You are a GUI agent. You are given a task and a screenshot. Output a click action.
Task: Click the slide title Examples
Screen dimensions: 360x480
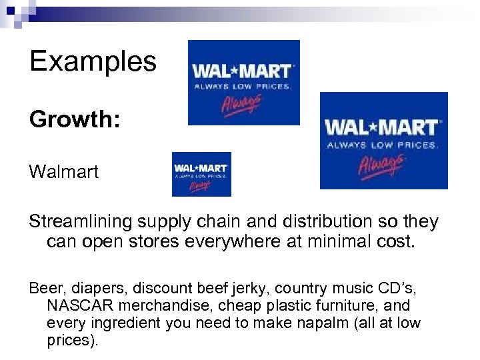click(x=93, y=61)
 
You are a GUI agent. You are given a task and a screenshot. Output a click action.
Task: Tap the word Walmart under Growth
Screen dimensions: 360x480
click(x=64, y=172)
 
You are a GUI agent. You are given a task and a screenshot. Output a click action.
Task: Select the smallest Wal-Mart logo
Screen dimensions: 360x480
click(x=201, y=174)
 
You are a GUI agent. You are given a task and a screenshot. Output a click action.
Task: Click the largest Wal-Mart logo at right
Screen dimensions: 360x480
click(x=384, y=141)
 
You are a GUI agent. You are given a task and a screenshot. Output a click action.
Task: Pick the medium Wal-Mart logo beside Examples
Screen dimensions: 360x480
click(x=243, y=83)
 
